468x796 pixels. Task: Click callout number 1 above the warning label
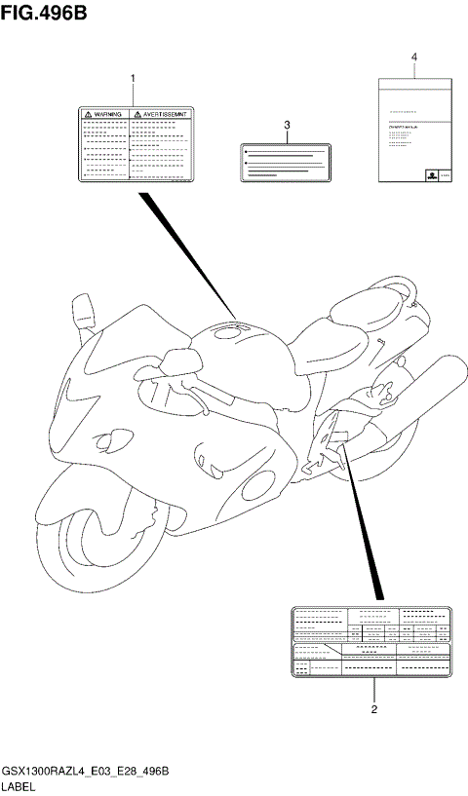click(x=133, y=77)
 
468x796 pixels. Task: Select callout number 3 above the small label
click(x=288, y=126)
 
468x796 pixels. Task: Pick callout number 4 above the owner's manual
click(x=413, y=57)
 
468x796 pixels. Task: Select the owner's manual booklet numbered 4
click(x=413, y=129)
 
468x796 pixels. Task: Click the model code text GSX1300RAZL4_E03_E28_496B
click(x=86, y=771)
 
